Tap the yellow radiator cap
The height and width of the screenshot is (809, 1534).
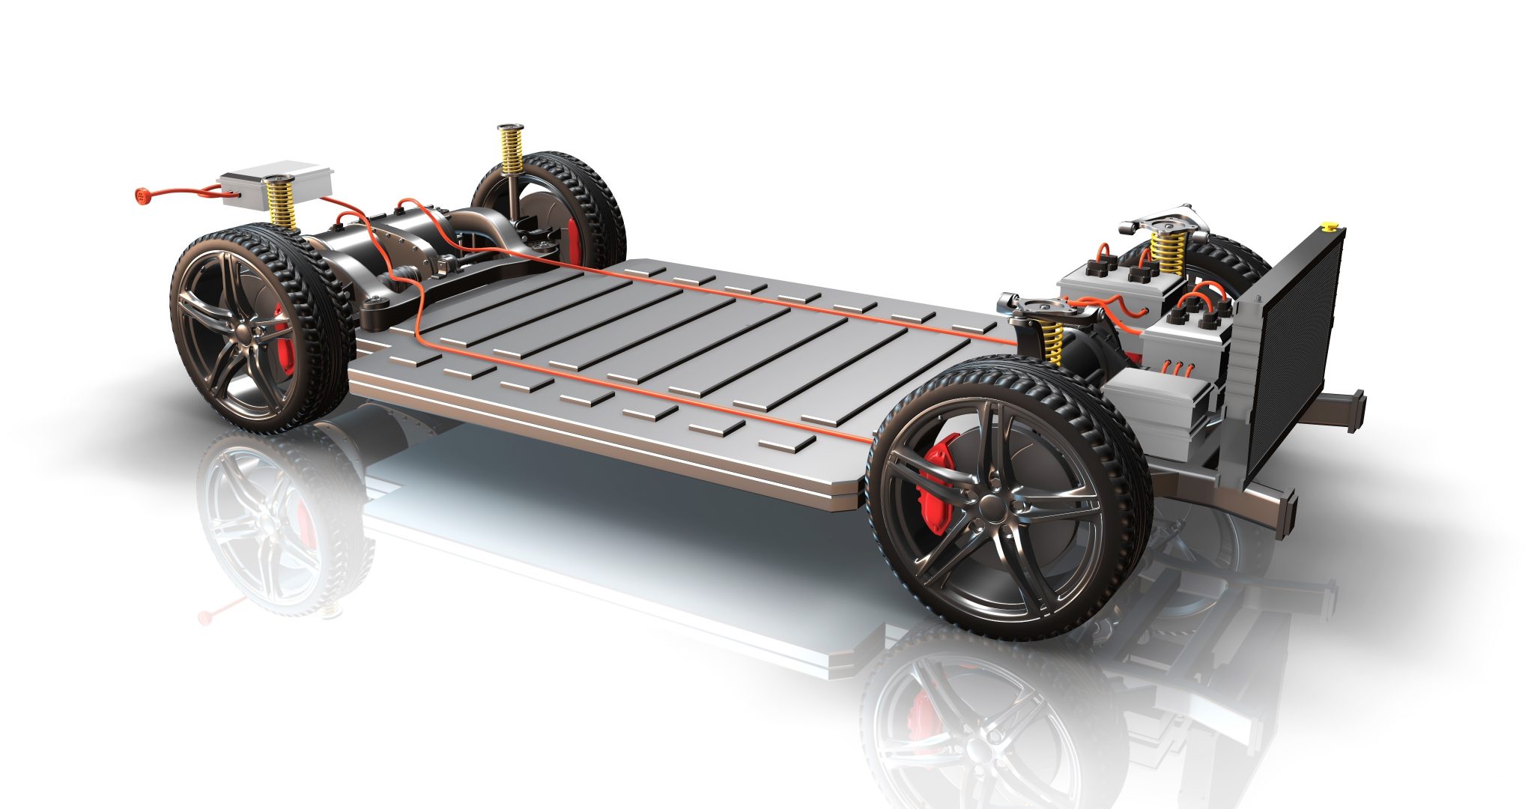point(1328,225)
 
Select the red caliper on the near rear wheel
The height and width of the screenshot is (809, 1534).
point(284,341)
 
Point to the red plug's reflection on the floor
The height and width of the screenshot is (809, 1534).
point(207,616)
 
